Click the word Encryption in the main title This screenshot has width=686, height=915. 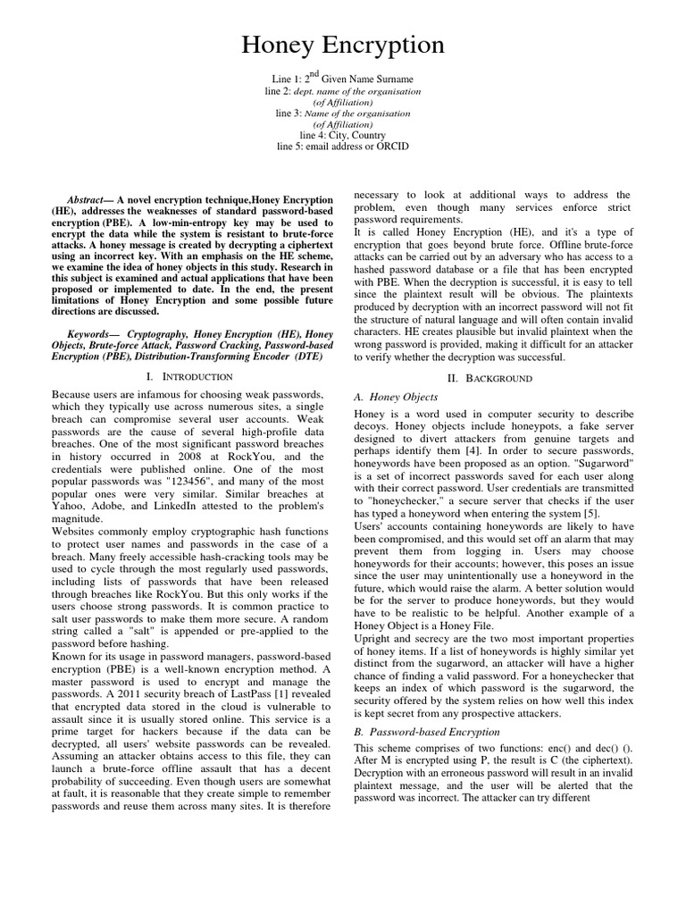(x=389, y=46)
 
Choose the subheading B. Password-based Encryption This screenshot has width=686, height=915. (x=427, y=731)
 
